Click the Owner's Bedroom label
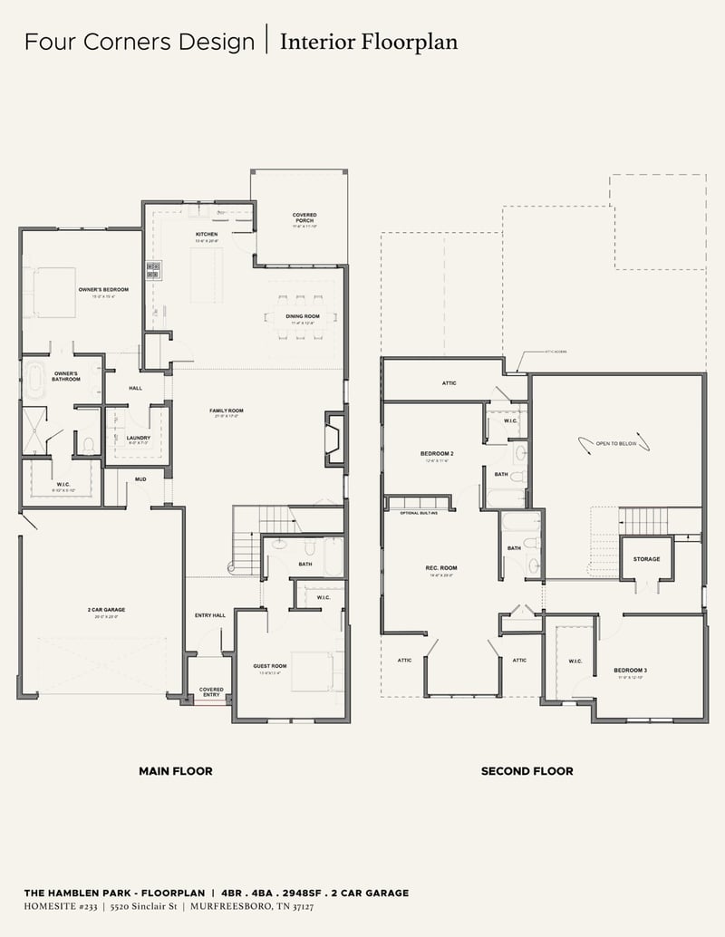click(x=103, y=289)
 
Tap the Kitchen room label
click(x=208, y=235)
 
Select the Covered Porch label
click(x=304, y=217)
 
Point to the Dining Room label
click(x=303, y=316)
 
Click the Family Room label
click(x=227, y=411)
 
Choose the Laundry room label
click(x=139, y=438)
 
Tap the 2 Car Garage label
click(x=107, y=610)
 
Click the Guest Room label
click(x=269, y=666)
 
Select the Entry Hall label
click(x=209, y=616)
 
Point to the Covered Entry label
click(x=211, y=691)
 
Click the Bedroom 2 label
click(x=437, y=453)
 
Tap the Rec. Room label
click(x=439, y=568)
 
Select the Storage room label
click(x=647, y=559)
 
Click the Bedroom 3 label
click(x=631, y=671)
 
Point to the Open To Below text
click(x=615, y=444)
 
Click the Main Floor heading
click(x=176, y=771)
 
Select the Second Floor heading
click(x=527, y=771)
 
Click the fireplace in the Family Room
click(x=334, y=439)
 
